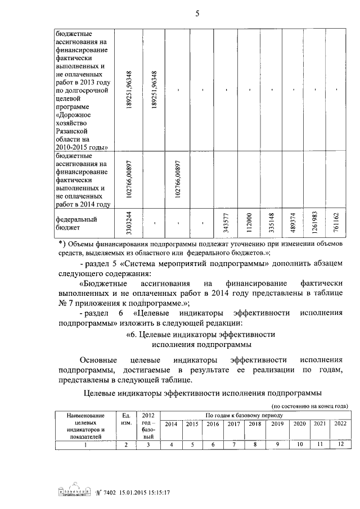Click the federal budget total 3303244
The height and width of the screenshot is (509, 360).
point(129,223)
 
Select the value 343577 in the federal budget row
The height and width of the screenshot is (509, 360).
point(226,223)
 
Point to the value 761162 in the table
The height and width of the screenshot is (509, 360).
point(336,223)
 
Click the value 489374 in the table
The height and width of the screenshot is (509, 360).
point(292,223)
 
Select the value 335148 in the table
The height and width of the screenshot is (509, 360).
point(271,223)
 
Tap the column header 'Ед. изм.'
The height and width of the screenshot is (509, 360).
point(126,419)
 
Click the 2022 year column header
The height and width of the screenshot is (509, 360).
point(340,423)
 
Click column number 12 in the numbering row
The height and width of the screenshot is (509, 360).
point(340,444)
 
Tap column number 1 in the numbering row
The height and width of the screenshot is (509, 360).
point(85,445)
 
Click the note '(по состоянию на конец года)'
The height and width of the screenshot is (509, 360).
point(309,406)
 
